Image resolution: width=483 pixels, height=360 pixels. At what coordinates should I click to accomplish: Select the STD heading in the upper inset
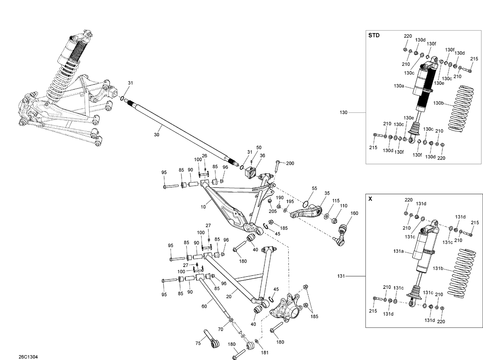[x=374, y=35]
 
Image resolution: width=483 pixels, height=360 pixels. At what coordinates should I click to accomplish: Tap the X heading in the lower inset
[x=370, y=199]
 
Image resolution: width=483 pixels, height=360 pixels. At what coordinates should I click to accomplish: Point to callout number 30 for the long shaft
[x=156, y=135]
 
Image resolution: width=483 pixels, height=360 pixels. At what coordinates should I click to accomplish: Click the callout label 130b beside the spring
[x=439, y=103]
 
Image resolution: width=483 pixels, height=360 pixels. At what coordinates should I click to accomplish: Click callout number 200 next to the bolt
[x=290, y=163]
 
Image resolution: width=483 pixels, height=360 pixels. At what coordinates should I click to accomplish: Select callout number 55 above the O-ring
[x=314, y=188]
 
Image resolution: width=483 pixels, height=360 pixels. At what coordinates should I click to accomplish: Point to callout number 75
[x=198, y=343]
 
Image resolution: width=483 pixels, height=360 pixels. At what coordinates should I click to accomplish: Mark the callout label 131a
[x=398, y=251]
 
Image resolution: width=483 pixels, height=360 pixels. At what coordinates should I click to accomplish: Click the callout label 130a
[x=399, y=86]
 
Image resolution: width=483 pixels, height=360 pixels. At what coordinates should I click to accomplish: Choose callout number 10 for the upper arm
[x=203, y=207]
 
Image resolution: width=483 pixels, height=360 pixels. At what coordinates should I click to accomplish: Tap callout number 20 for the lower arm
[x=229, y=297]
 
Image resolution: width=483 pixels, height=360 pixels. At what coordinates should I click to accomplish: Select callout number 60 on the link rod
[x=204, y=306]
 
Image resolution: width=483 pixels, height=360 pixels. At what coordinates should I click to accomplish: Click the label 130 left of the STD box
[x=344, y=112]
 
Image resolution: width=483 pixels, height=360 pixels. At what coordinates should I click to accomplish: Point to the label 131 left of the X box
[x=341, y=276]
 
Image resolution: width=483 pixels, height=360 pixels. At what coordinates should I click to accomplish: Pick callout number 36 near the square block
[x=262, y=155]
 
